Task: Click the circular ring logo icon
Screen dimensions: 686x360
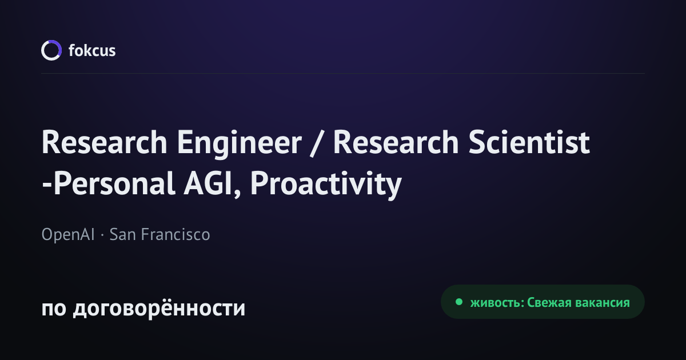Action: (42, 50)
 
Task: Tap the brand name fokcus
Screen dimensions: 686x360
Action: (92, 50)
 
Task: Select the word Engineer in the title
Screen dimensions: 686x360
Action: (239, 143)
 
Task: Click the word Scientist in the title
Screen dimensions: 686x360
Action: (529, 142)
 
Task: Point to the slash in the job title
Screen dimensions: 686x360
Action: (317, 143)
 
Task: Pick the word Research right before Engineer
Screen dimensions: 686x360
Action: (104, 142)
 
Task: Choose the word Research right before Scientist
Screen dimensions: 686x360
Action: (396, 142)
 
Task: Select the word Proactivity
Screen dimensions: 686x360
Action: (326, 185)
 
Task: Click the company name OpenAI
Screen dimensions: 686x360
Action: (68, 234)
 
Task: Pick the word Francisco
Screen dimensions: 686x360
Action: (176, 234)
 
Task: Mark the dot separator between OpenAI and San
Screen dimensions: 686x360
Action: (102, 235)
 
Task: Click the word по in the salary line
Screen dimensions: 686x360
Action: (54, 309)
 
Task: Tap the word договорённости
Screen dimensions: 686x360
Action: (159, 307)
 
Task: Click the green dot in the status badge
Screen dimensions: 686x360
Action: (458, 302)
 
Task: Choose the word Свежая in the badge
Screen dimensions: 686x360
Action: (549, 303)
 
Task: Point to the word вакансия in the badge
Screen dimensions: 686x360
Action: (603, 303)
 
